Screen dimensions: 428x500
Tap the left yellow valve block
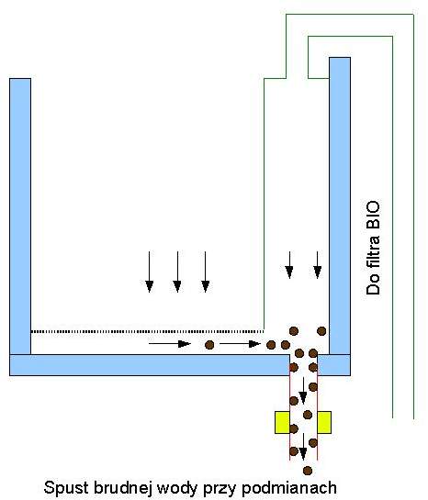282,422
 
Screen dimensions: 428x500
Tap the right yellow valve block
324,422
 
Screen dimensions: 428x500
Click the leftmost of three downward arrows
149,272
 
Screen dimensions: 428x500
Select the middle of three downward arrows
177,272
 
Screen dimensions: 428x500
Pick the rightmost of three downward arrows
205,272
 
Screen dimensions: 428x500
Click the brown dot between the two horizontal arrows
209,345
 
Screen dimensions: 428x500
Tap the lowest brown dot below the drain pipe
308,471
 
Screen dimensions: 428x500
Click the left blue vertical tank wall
20,217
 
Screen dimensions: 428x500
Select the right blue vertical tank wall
340,206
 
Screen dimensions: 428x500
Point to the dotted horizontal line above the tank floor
148,331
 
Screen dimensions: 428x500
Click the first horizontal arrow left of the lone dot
170,344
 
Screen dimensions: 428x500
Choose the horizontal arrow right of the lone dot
240,344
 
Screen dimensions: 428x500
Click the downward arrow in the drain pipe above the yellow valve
303,390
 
